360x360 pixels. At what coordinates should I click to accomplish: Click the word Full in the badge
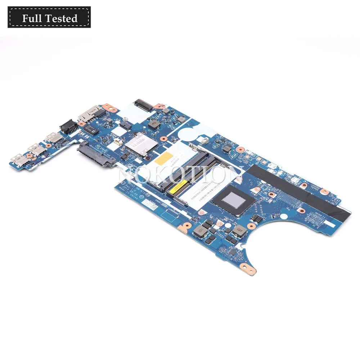30,18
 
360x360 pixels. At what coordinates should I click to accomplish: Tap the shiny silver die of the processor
233,198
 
